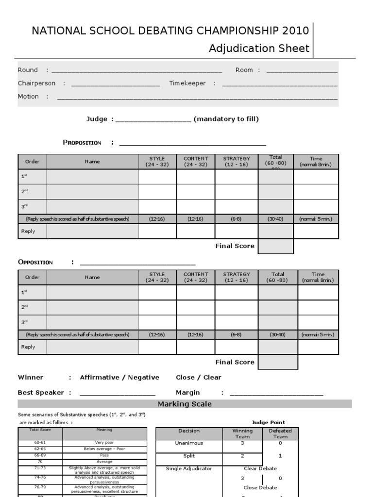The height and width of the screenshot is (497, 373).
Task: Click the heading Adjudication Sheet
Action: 259,49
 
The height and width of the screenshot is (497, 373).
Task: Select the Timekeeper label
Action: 187,83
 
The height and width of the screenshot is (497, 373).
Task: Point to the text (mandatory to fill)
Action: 226,119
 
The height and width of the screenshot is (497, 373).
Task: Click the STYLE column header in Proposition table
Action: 157,162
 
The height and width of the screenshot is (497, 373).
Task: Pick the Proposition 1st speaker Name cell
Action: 92,177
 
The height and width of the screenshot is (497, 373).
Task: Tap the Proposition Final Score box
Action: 275,246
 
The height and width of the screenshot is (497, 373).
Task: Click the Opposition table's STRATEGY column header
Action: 237,277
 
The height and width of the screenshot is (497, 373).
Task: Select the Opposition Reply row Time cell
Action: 318,347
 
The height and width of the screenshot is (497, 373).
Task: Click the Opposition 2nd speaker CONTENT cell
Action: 196,307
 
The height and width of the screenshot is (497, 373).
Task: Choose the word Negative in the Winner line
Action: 143,378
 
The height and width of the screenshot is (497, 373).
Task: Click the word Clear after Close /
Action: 212,378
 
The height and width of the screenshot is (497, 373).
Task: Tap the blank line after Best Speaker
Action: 117,393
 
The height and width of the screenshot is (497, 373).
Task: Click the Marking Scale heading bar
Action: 185,404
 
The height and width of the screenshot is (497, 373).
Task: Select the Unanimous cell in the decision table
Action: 188,443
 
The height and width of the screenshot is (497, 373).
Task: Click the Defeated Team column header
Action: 280,433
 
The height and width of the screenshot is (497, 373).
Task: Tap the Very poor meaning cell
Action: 104,443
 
